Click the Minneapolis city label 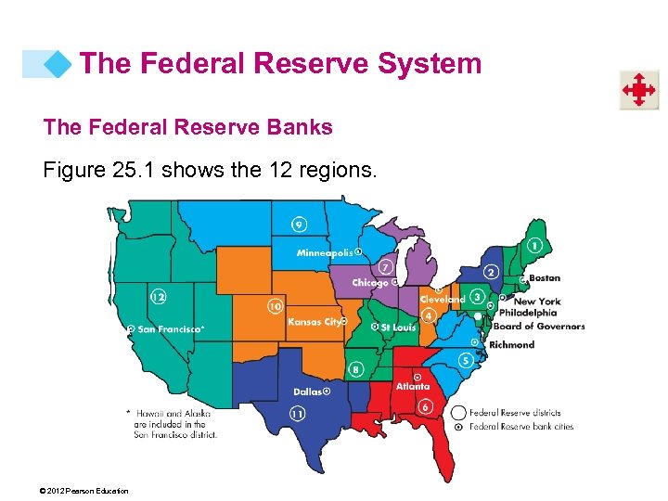pos(325,252)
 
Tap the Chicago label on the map pos(369,283)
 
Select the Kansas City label pos(314,323)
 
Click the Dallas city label pos(308,392)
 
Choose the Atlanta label pos(413,387)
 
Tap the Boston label pos(545,277)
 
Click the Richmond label pos(512,344)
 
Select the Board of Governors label pos(538,326)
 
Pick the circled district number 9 pos(298,225)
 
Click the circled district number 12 pos(159,297)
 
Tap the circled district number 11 pos(298,413)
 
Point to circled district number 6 pos(425,406)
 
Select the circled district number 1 pos(534,246)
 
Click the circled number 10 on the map pos(275,306)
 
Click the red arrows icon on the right pos(639,90)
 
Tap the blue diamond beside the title pos(58,64)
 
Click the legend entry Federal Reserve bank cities pos(521,427)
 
